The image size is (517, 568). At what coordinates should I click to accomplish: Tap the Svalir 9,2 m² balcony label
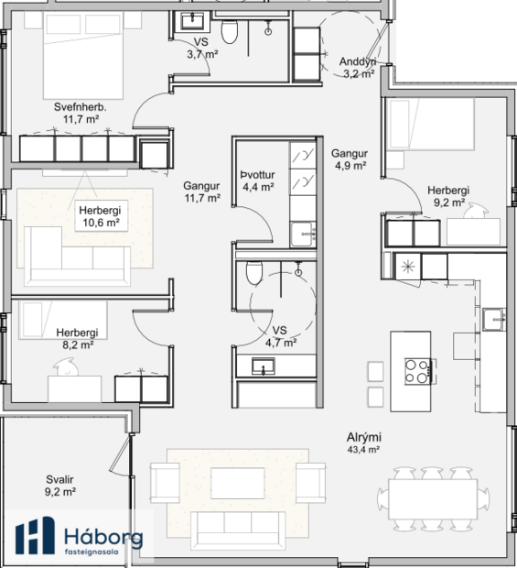click(60, 486)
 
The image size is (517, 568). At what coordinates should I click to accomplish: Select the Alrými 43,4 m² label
click(363, 444)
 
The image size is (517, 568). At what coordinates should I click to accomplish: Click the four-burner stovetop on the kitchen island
click(416, 370)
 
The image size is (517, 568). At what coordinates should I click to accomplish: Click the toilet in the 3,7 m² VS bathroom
click(231, 34)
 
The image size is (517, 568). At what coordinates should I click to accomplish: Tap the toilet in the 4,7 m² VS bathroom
click(254, 272)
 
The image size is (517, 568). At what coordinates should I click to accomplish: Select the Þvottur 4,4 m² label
click(257, 180)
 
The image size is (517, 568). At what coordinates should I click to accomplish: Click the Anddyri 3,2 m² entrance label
click(358, 68)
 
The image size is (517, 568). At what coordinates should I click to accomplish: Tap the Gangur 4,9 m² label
click(350, 160)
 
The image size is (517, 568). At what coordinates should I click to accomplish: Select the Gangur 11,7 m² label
click(201, 191)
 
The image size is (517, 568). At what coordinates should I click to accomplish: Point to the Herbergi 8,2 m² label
click(77, 338)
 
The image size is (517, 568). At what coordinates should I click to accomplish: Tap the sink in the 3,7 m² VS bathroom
click(194, 21)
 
